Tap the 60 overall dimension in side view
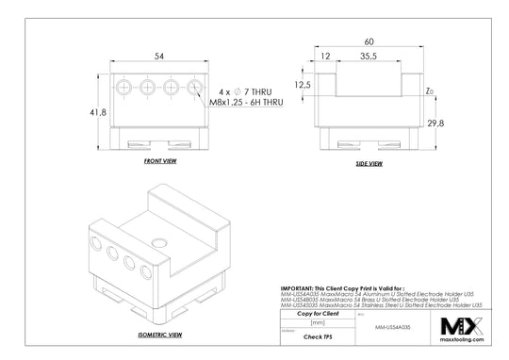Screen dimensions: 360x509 [x=369, y=41]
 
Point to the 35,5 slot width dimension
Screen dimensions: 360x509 [x=369, y=57]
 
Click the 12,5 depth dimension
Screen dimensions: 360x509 [x=304, y=85]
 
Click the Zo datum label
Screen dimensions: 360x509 [x=430, y=92]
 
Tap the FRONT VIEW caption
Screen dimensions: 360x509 [x=161, y=161]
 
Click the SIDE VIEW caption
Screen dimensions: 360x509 [x=369, y=164]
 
